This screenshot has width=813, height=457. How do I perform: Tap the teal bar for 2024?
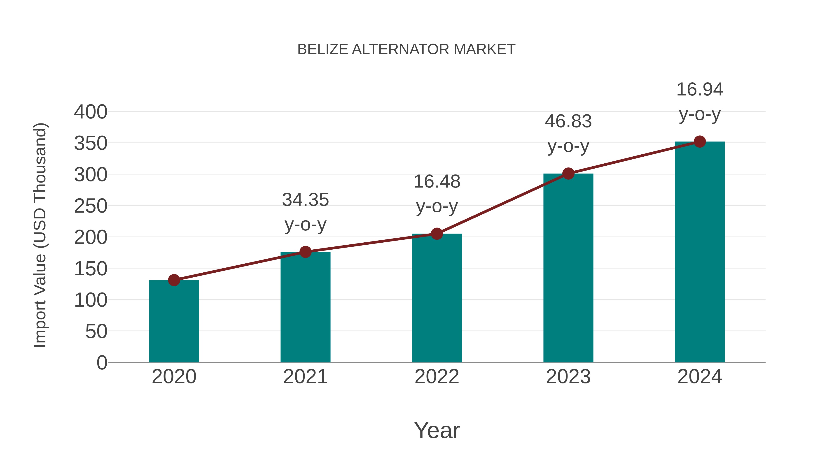(x=700, y=252)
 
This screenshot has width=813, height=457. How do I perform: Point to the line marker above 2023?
(x=568, y=174)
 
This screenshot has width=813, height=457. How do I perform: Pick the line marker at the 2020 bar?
(x=174, y=280)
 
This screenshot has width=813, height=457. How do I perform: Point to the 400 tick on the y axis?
(x=91, y=112)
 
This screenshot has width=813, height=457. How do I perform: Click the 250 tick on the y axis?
(x=91, y=206)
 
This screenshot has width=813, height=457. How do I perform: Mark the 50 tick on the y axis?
(x=96, y=332)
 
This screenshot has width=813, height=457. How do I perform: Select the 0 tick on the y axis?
(x=102, y=363)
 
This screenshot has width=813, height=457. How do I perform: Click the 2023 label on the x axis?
(x=568, y=377)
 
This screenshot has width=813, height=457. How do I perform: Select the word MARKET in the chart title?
(x=484, y=49)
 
